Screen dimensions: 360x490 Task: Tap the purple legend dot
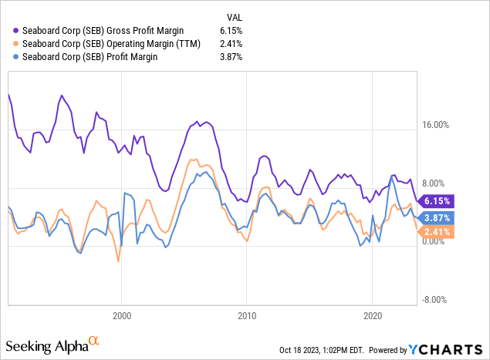click(x=17, y=30)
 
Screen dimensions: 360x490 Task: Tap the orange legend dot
click(x=17, y=43)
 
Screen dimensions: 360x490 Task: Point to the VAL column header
click(x=235, y=16)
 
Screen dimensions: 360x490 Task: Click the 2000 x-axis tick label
click(x=122, y=315)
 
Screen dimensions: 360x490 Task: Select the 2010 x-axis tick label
click(x=247, y=315)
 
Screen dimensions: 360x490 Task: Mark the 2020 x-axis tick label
click(x=372, y=315)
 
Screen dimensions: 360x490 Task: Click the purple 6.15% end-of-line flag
click(x=437, y=200)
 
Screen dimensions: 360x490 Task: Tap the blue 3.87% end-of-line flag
click(x=437, y=217)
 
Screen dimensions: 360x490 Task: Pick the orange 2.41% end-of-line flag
click(x=437, y=230)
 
